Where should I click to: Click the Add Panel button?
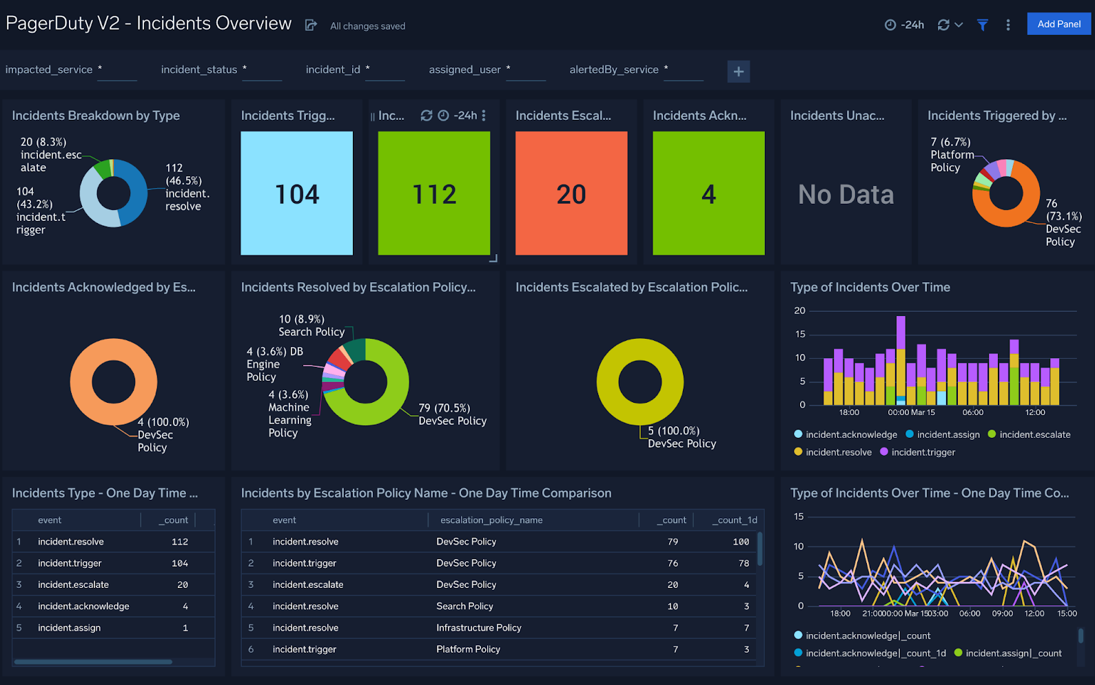pos(1058,24)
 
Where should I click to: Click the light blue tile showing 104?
pos(296,193)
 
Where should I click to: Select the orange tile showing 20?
pos(571,193)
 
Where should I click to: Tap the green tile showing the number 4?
pos(708,193)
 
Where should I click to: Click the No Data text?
pos(846,195)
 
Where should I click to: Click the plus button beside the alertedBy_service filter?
pos(738,72)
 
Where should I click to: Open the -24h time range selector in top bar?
pos(904,25)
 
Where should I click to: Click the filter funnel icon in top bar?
pos(982,25)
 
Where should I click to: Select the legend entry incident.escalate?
pos(1034,434)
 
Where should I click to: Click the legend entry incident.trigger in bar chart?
pos(923,452)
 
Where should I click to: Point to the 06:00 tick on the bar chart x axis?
pos(972,412)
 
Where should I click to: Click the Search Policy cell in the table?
pos(464,606)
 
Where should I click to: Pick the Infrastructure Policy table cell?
pos(478,628)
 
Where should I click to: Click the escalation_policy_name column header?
pos(491,520)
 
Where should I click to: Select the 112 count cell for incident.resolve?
pos(179,542)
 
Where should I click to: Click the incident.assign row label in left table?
pos(69,628)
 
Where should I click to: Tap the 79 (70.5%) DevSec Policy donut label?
pos(452,414)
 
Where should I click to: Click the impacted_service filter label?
pos(49,70)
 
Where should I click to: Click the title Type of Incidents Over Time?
pos(870,287)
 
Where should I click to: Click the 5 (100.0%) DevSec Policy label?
pos(681,437)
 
